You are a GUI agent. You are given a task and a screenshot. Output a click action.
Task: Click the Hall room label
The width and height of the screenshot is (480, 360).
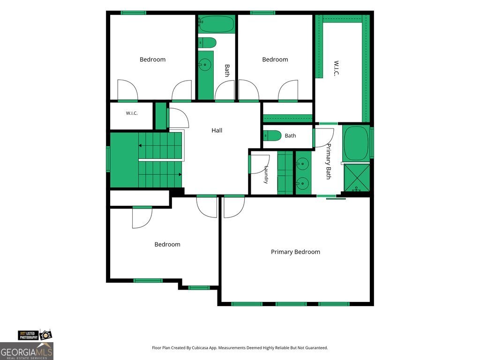(x=217, y=130)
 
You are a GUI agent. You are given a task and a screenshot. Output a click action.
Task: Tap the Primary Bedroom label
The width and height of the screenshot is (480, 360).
(x=295, y=252)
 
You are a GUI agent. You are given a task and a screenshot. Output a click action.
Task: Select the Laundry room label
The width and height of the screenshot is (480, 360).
(x=266, y=174)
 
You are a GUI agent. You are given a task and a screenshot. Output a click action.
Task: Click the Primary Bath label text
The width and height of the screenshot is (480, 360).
(x=329, y=161)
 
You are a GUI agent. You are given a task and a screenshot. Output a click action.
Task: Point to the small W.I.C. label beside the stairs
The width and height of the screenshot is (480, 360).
(x=132, y=113)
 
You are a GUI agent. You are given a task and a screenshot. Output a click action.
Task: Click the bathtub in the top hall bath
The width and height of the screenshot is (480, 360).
(x=216, y=24)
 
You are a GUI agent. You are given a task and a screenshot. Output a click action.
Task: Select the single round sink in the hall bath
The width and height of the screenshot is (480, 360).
(x=204, y=64)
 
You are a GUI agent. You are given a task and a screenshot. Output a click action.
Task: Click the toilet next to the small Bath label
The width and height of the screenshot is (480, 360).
(x=272, y=135)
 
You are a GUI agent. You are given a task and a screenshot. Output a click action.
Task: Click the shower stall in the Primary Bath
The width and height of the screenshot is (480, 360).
(x=357, y=178)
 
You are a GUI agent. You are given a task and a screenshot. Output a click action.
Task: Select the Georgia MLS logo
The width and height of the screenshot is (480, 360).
(x=27, y=351)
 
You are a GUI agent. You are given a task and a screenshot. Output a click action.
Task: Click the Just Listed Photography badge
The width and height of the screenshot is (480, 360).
(x=35, y=335)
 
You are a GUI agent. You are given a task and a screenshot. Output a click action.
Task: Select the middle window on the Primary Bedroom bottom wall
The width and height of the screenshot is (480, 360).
(x=291, y=304)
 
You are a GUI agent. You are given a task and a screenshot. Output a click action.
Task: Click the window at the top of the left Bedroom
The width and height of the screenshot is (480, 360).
(x=133, y=13)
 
